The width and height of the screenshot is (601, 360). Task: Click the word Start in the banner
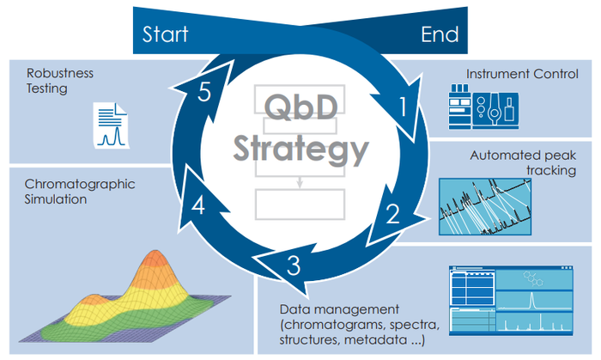pos(166,34)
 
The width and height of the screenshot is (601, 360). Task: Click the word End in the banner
pos(440,34)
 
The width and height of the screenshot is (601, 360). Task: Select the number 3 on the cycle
pos(294,266)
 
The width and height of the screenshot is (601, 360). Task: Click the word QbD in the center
pos(301,107)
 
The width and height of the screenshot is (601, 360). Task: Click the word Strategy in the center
pos(300,151)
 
